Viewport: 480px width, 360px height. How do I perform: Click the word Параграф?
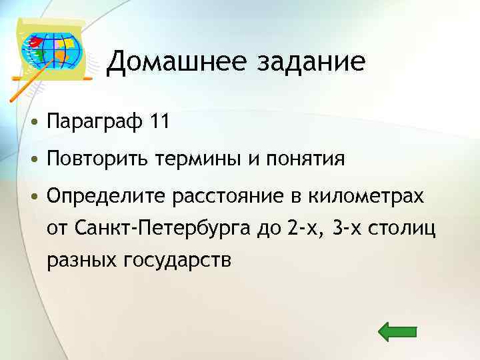click(x=95, y=123)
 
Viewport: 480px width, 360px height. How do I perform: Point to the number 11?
click(x=161, y=122)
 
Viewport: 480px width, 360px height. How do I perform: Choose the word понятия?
click(x=307, y=160)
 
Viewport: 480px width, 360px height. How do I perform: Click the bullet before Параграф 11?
click(x=33, y=123)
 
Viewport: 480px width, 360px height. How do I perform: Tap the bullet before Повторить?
click(x=33, y=161)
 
